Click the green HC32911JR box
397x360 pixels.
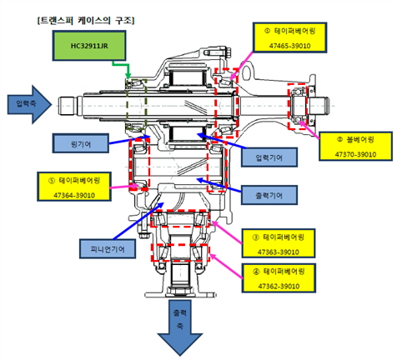coord(89,46)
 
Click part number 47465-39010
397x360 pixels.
coord(289,46)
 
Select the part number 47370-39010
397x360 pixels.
coord(355,154)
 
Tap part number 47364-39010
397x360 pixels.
coord(74,195)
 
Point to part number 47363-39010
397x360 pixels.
coord(279,252)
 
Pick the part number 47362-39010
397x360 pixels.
coord(279,286)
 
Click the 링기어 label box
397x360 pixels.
coord(81,143)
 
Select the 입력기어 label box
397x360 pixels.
coord(269,157)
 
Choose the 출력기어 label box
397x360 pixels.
coord(269,195)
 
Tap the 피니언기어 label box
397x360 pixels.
coord(108,249)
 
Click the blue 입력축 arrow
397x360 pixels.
coord(29,104)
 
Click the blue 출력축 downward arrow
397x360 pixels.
coord(180,327)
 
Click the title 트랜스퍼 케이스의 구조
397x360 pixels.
coord(86,20)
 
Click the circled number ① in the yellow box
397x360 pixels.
coord(267,31)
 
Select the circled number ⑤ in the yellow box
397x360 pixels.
coord(52,181)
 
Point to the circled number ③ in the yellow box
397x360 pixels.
coord(256,237)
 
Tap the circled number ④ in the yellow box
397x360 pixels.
coord(256,272)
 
